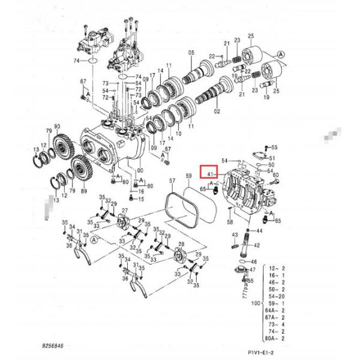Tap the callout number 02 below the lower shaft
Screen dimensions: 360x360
pyautogui.click(x=217, y=112)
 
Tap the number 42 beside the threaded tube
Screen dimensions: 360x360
pyautogui.click(x=257, y=245)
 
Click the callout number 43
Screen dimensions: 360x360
pyautogui.click(x=235, y=234)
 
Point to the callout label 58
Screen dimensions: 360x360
pyautogui.click(x=229, y=222)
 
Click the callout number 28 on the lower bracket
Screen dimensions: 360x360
pyautogui.click(x=181, y=244)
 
